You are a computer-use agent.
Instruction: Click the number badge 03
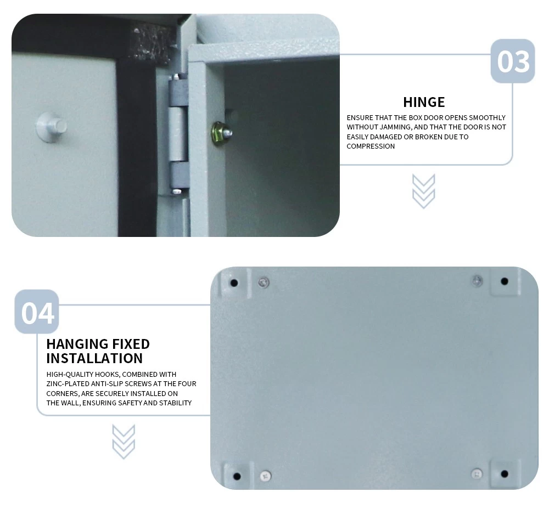[x=513, y=61]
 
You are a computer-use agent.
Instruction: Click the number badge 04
[x=37, y=312]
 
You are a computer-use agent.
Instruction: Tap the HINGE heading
[x=424, y=102]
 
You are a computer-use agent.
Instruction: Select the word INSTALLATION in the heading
[x=94, y=358]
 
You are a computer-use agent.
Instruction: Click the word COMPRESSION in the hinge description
[x=371, y=146]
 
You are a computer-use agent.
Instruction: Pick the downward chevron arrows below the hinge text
[x=424, y=191]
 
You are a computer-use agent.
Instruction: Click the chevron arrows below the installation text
[x=124, y=442]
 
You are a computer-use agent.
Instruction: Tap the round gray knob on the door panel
[x=52, y=127]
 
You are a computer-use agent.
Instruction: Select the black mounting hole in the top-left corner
[x=234, y=282]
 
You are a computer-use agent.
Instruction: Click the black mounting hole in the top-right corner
[x=505, y=281]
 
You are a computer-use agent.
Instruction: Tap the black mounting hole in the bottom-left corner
[x=237, y=476]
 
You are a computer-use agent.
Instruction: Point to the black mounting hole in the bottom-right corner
[x=505, y=474]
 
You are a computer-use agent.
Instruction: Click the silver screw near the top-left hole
[x=264, y=282]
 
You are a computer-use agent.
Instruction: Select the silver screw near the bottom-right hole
[x=477, y=474]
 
